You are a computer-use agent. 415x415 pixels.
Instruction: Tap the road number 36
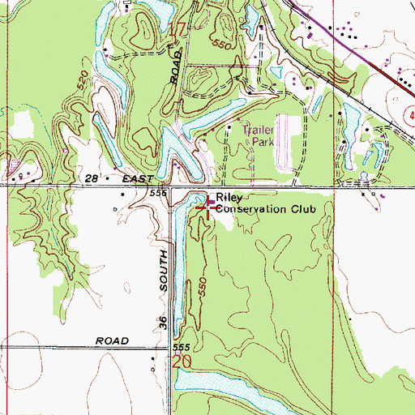pyautogui.click(x=163, y=323)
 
